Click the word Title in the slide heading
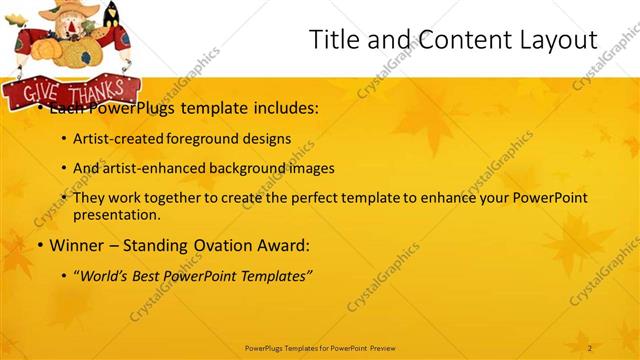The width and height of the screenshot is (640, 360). tap(333, 40)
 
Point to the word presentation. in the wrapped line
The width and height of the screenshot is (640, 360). tap(116, 214)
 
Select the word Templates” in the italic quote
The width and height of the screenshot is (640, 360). tap(276, 275)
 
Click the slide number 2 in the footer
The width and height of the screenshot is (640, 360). tap(590, 347)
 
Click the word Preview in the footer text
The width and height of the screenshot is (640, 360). tap(389, 347)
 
